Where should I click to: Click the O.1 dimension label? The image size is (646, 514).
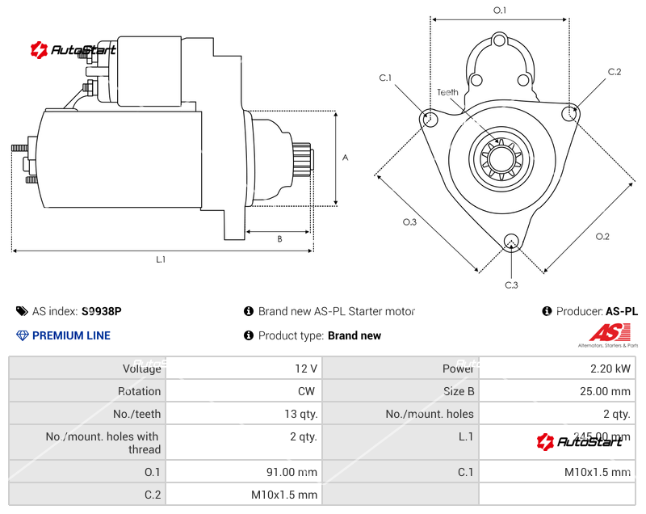click(499, 11)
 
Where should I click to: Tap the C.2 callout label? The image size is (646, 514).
click(615, 72)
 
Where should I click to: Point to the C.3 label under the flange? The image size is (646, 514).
click(511, 284)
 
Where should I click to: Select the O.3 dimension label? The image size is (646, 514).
click(409, 222)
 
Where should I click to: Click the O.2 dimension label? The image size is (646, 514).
click(602, 236)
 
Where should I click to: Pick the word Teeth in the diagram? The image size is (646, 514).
click(448, 92)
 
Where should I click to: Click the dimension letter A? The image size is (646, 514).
click(345, 158)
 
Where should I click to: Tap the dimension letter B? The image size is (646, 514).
click(279, 238)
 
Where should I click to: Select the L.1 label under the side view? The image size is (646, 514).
click(161, 259)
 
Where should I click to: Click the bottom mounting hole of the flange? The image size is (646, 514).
click(510, 241)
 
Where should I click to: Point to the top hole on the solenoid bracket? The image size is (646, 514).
click(499, 40)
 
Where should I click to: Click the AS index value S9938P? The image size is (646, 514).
click(102, 311)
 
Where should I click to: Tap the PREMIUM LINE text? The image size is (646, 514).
click(71, 335)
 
